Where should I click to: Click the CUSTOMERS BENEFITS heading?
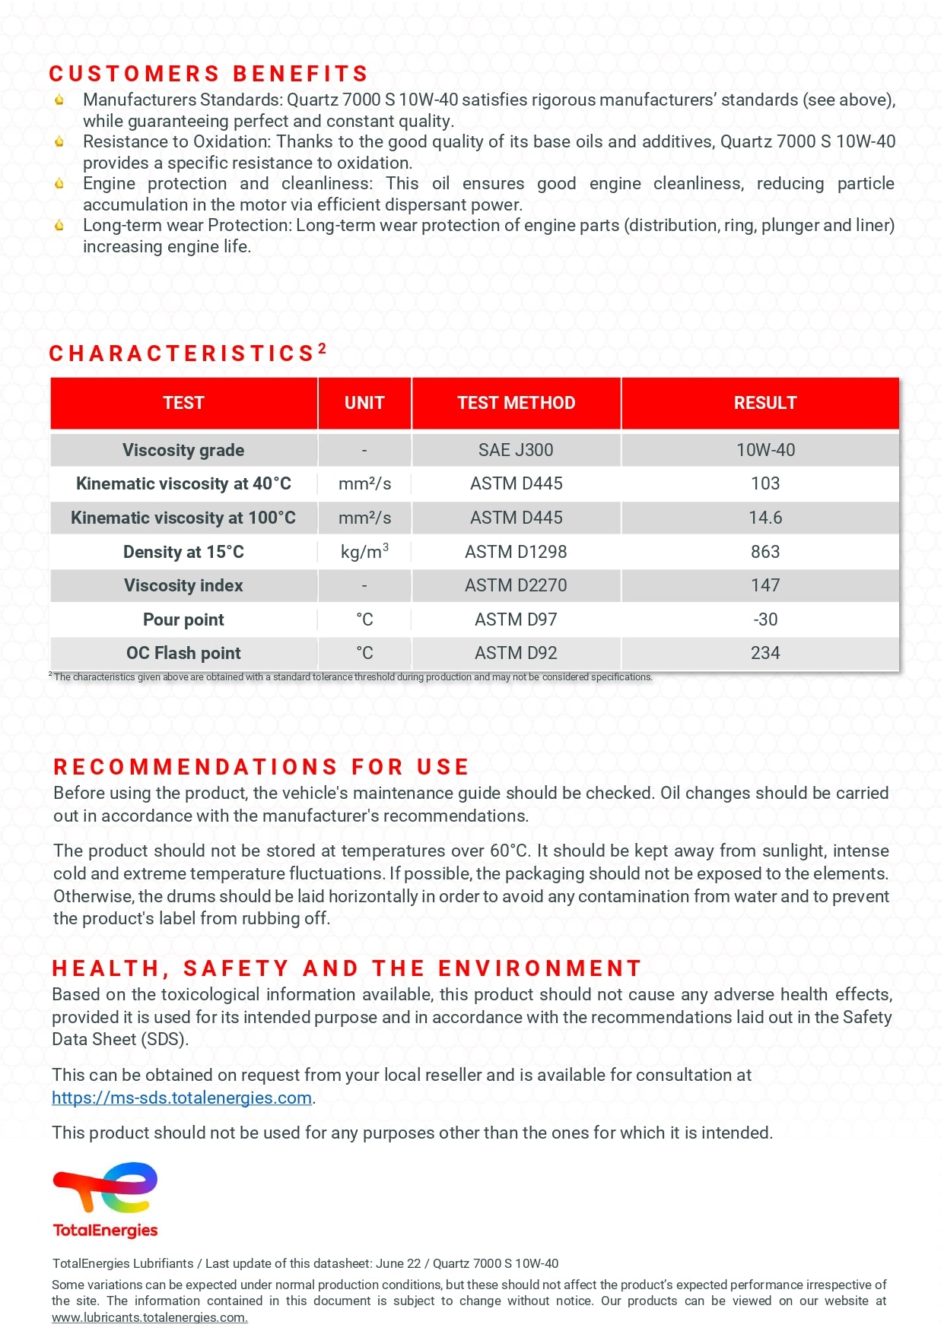point(208,74)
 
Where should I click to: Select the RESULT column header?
point(764,403)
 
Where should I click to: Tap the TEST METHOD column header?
point(516,403)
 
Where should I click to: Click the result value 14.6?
point(764,518)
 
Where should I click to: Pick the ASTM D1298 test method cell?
point(516,552)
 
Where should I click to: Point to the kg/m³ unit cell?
point(364,552)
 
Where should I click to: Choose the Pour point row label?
point(183,619)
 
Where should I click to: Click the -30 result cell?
point(764,619)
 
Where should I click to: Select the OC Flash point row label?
point(183,653)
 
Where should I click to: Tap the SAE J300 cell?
point(516,450)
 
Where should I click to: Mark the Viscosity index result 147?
point(764,585)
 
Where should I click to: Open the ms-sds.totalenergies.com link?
point(182,1098)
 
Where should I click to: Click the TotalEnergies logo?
point(105,1199)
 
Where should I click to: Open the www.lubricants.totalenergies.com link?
point(149,1317)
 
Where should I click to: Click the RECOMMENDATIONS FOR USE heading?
point(261,767)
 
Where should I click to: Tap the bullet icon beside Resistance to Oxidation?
point(59,141)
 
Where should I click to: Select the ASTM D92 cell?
point(516,653)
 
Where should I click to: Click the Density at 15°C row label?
point(183,552)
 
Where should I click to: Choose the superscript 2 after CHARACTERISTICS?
point(323,348)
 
